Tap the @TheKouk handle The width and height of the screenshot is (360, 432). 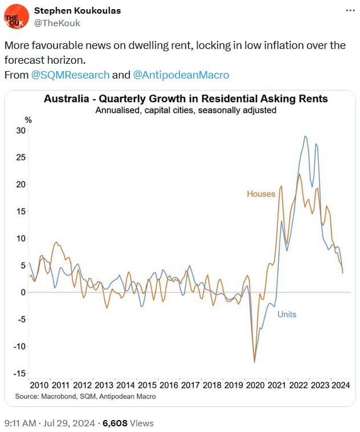click(x=57, y=23)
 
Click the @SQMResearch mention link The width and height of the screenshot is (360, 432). click(x=71, y=75)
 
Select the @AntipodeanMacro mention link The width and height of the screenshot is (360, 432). click(x=181, y=75)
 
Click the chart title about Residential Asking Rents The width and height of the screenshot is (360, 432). click(x=186, y=99)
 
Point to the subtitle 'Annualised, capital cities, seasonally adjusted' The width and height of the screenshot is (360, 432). click(x=186, y=110)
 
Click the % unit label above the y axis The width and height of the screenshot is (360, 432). click(x=28, y=120)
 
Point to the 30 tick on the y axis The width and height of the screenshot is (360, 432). click(x=21, y=130)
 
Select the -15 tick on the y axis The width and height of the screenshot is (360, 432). click(x=19, y=373)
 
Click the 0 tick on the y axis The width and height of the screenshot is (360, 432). click(x=23, y=293)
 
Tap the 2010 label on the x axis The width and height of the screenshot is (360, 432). click(x=39, y=385)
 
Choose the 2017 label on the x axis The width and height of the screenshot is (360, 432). click(x=190, y=385)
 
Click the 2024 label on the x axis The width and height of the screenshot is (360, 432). click(x=340, y=385)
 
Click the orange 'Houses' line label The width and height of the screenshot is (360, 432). click(x=261, y=194)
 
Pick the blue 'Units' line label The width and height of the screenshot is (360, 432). click(x=287, y=314)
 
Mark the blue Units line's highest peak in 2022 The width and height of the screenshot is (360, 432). click(x=305, y=137)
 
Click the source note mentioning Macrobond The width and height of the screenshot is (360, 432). click(x=85, y=396)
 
